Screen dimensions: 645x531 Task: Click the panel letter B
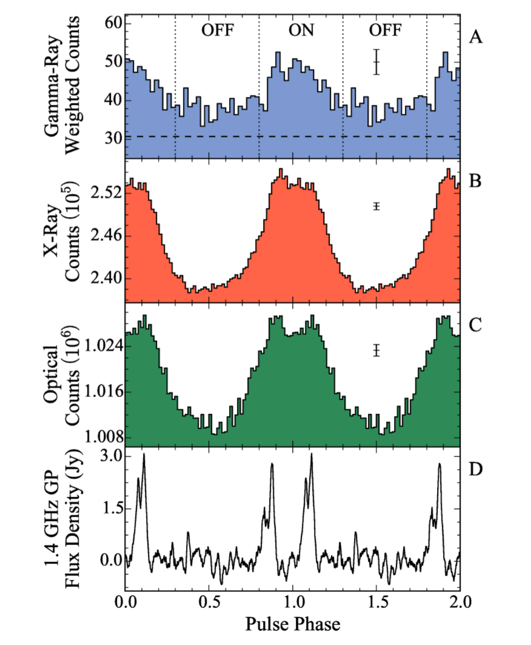coord(476,180)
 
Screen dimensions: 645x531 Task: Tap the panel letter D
coord(476,469)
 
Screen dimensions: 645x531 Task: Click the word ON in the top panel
coord(301,30)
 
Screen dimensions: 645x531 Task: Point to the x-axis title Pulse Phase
coord(292,623)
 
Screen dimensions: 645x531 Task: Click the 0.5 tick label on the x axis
coord(209,603)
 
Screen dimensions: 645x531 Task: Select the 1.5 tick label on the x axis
coord(376,603)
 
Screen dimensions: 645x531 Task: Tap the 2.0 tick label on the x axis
coord(459,603)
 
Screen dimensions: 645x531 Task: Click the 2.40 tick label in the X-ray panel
coord(105,279)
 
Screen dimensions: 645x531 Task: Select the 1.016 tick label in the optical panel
coord(102,392)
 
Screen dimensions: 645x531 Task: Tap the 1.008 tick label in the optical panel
coord(102,437)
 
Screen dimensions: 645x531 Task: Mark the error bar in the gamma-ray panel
coord(376,62)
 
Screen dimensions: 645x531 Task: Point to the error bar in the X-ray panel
coord(376,206)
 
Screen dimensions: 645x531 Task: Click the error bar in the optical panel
coord(376,350)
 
